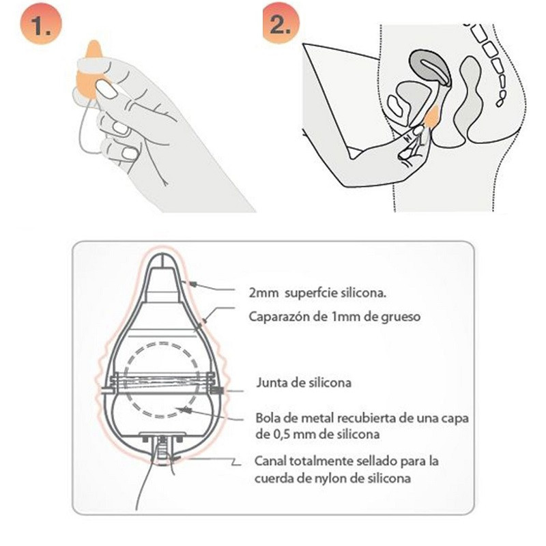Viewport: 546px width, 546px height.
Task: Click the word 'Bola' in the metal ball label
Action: (x=267, y=417)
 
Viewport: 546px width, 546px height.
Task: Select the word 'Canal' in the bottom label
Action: (x=270, y=461)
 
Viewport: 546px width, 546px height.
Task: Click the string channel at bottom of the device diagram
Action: (x=162, y=450)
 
